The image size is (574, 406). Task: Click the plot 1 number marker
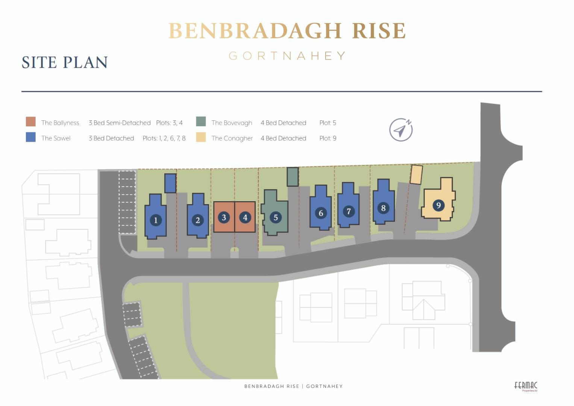(x=156, y=220)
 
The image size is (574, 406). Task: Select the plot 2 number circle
(x=198, y=220)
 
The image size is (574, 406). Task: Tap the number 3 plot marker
(x=224, y=217)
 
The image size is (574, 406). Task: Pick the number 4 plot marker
(x=245, y=217)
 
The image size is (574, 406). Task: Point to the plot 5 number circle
(x=276, y=217)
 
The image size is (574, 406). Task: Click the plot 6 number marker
(x=321, y=213)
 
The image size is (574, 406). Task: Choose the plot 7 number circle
(x=348, y=211)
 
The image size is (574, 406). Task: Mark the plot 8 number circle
(x=383, y=208)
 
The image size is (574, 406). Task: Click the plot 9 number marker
(x=438, y=205)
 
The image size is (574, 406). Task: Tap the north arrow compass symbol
(x=401, y=130)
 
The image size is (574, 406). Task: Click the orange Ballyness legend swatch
(x=31, y=122)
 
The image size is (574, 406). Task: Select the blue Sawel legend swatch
(x=31, y=137)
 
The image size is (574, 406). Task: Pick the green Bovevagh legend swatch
(x=201, y=122)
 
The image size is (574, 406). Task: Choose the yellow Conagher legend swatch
(x=201, y=137)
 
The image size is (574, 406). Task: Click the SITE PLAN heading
(x=65, y=62)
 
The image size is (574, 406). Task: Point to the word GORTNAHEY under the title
(x=287, y=56)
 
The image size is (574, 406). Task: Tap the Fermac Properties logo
(x=526, y=386)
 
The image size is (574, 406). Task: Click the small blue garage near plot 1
(x=170, y=183)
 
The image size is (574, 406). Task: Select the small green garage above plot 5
(x=292, y=177)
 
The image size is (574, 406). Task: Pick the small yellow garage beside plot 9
(x=416, y=175)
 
